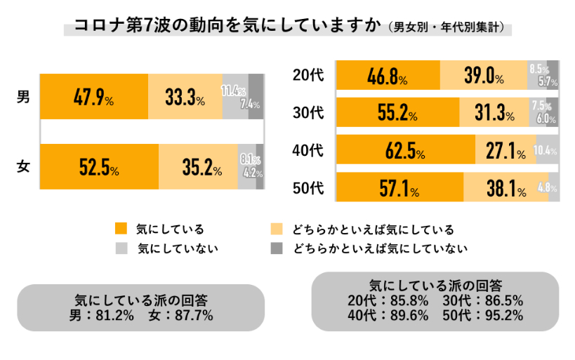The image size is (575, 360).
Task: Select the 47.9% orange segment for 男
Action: click(x=94, y=97)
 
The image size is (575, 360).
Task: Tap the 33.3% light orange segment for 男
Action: click(x=185, y=97)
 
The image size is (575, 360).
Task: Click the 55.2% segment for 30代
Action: click(x=397, y=112)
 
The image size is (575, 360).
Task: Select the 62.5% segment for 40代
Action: click(x=407, y=150)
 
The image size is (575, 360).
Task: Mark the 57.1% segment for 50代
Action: click(x=399, y=188)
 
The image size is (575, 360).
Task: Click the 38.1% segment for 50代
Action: click(x=505, y=188)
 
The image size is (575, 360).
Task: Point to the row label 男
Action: click(x=22, y=97)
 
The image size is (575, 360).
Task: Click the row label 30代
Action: click(x=308, y=112)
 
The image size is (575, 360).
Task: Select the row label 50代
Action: click(x=308, y=188)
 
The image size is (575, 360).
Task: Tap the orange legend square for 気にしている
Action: click(x=121, y=229)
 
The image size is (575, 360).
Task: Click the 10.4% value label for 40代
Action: click(x=546, y=151)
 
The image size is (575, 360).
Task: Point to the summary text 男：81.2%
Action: click(x=102, y=315)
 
